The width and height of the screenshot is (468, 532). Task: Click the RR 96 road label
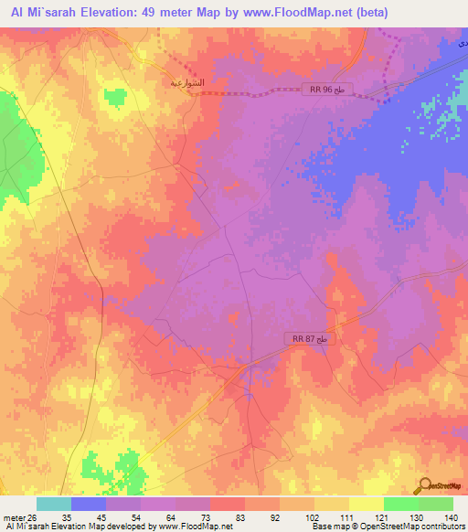(x=326, y=89)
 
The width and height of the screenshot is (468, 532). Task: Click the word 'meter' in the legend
(x=13, y=516)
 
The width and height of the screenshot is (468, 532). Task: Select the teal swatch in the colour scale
(x=54, y=504)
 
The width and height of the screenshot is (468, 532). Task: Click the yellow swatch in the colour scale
(x=366, y=504)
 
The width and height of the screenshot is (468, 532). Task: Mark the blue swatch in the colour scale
(x=89, y=504)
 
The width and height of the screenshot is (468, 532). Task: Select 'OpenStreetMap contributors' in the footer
(x=416, y=527)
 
